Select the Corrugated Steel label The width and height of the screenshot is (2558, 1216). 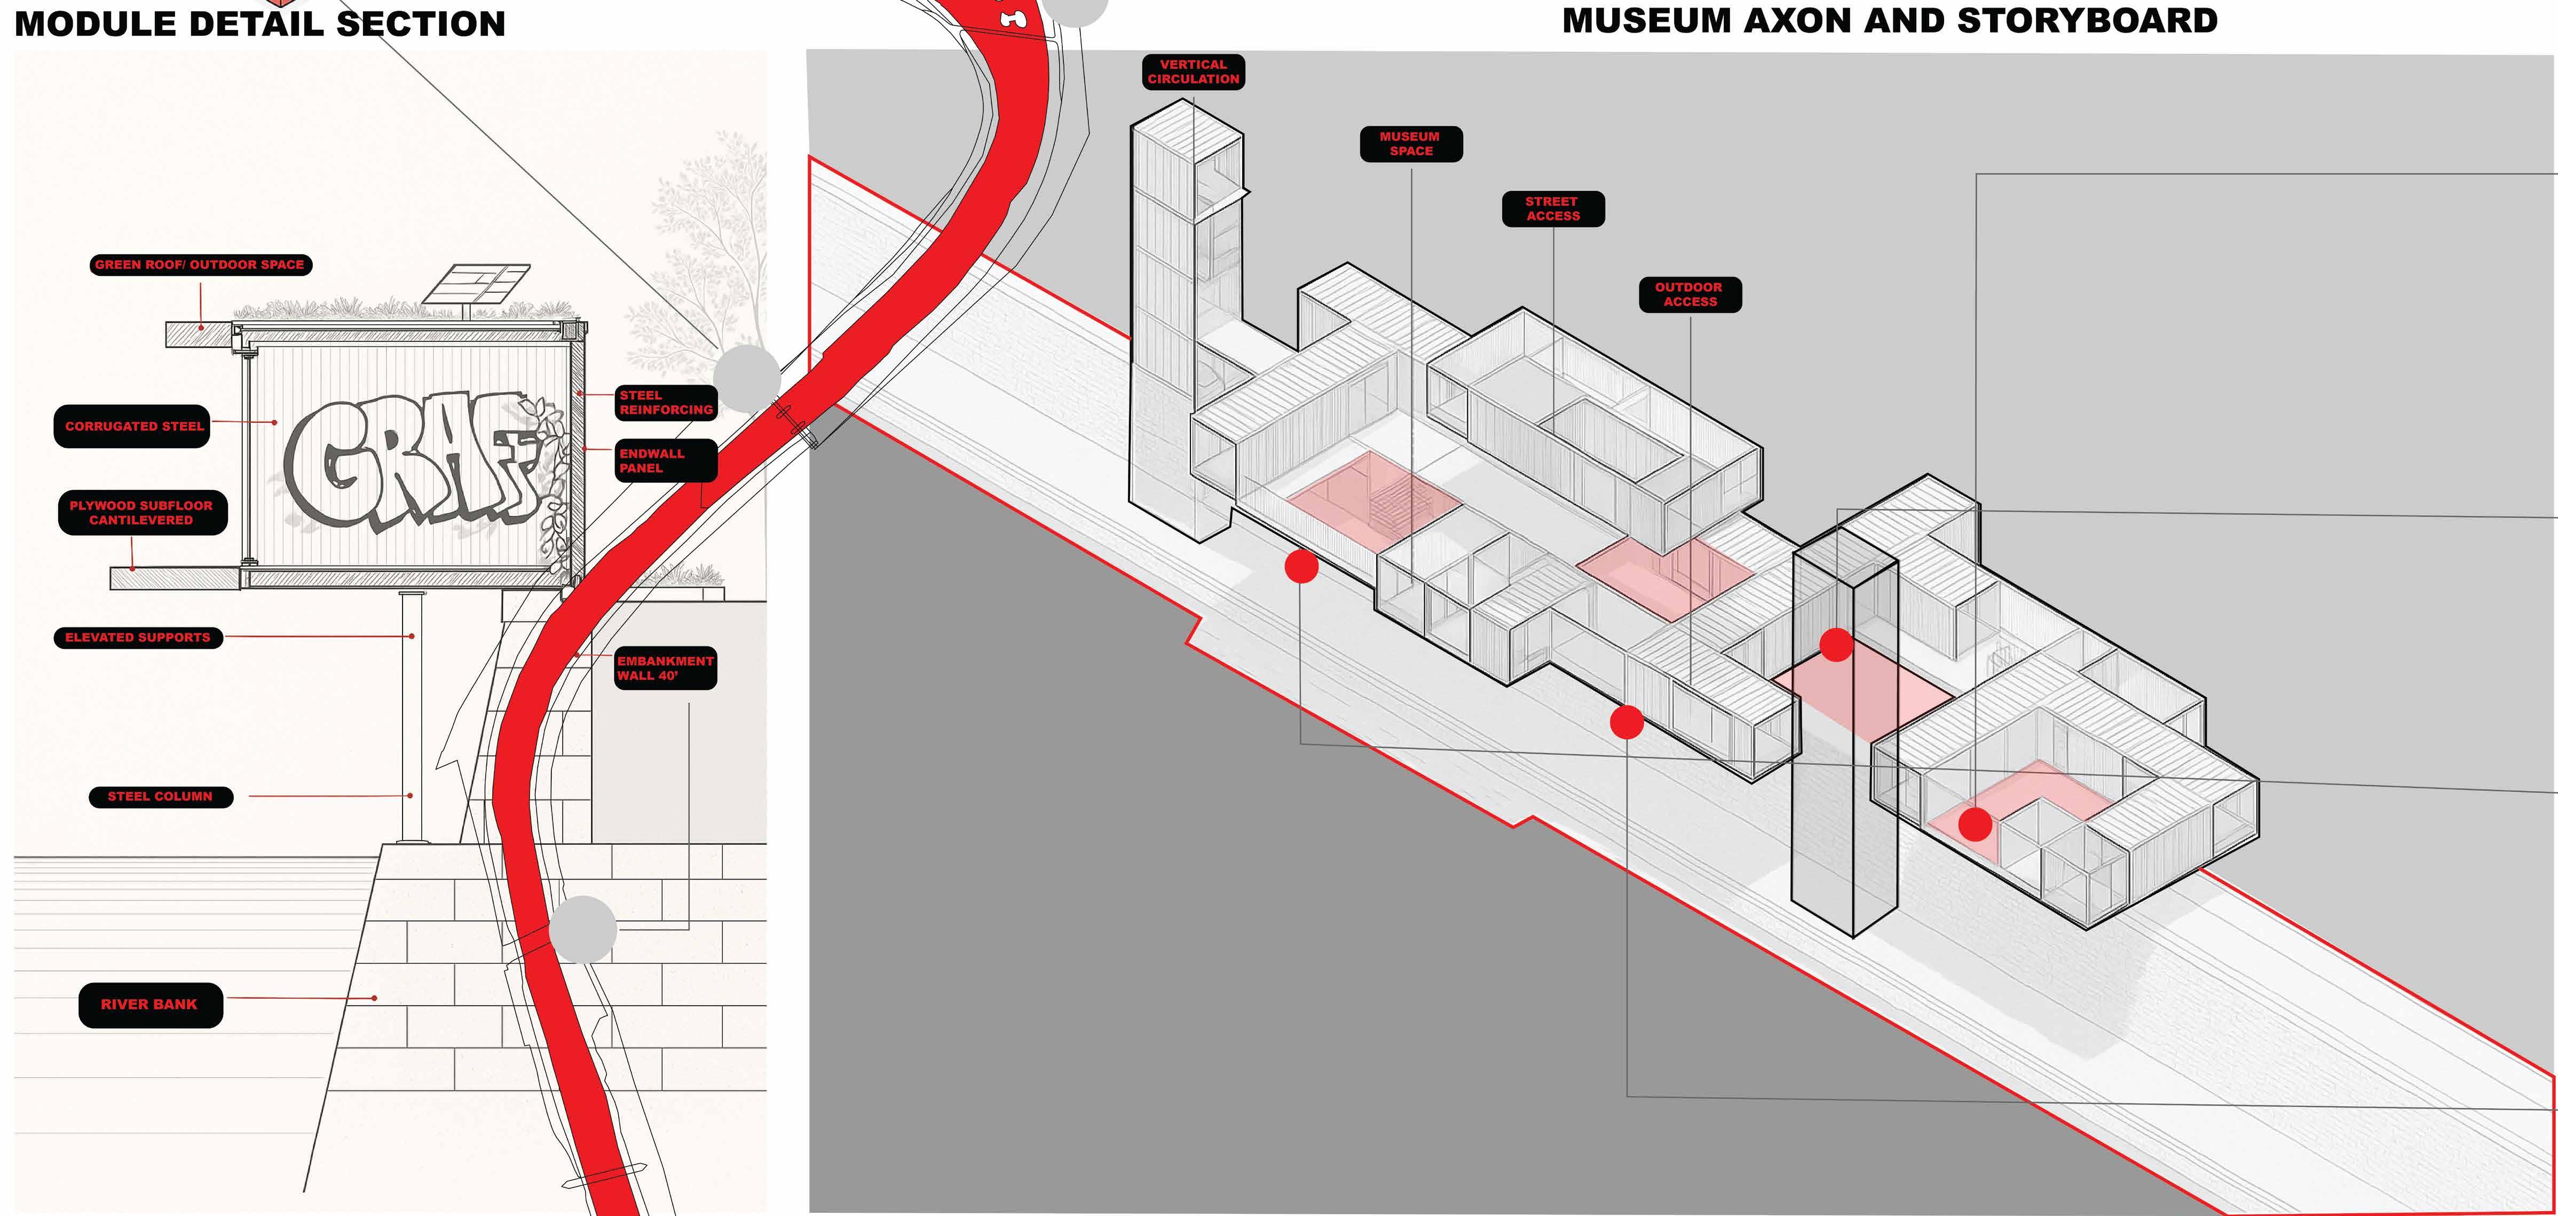coord(133,426)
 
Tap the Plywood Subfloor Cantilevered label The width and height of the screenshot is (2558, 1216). coord(142,513)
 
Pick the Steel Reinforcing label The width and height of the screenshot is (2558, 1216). coord(665,402)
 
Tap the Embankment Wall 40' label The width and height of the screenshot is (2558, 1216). coord(665,669)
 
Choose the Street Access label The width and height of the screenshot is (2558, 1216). coord(1552,209)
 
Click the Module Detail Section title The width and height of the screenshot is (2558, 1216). coord(260,23)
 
